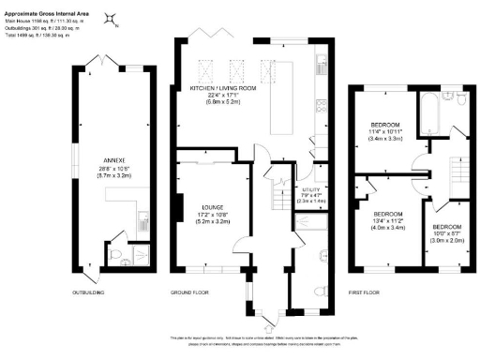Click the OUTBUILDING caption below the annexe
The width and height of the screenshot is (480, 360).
[87, 292]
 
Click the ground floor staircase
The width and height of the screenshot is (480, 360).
[277, 197]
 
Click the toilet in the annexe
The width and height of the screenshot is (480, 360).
[128, 262]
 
